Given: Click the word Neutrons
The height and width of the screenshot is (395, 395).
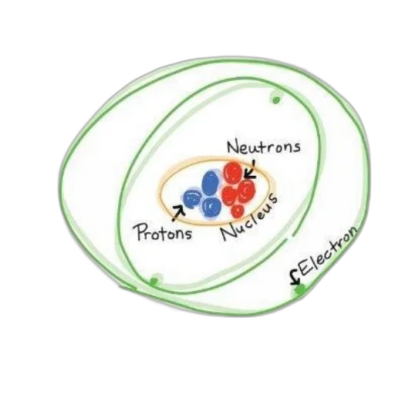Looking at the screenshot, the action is point(264,147).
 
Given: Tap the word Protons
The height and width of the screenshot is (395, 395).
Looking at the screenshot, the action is point(164,232).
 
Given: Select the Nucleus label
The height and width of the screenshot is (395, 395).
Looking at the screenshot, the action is point(249,218).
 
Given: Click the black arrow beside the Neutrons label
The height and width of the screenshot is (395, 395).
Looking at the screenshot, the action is point(250,172).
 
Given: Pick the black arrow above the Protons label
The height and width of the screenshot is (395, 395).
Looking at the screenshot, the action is point(178,213).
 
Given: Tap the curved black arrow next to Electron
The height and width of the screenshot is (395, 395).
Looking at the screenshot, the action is point(295,278).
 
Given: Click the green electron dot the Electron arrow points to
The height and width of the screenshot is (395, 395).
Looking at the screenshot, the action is point(299,291).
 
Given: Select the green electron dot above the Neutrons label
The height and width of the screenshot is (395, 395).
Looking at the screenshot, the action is point(276,100).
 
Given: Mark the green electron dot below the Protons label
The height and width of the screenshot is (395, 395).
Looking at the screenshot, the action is point(154,282).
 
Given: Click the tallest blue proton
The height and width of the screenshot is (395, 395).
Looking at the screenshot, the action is point(211,184).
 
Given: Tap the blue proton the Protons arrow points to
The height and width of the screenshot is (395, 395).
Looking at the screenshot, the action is point(192,198).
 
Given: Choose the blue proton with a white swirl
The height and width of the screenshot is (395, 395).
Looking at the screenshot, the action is point(211,207).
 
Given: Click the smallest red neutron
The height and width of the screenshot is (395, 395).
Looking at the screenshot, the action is point(238,211).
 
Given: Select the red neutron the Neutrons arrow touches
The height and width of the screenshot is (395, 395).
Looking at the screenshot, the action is point(233,172).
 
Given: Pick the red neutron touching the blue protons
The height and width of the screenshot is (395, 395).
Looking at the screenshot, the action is point(229,195).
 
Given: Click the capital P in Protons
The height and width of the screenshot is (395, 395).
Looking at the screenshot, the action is point(142,232).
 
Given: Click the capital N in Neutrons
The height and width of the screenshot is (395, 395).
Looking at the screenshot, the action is point(233,147).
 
